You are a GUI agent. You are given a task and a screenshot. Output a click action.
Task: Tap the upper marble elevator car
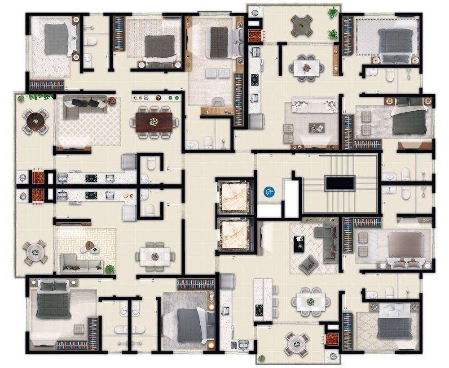[233, 197]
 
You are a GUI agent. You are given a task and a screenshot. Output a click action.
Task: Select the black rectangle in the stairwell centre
[340, 183]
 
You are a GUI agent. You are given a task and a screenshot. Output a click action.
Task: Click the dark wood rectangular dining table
[154, 122]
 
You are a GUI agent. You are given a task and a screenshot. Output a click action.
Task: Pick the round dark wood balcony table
[35, 120]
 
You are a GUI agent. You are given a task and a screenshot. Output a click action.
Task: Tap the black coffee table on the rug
[299, 244]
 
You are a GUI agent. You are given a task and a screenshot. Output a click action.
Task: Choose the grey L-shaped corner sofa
[328, 242]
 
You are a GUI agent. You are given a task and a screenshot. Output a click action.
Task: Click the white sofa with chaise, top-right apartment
[314, 106]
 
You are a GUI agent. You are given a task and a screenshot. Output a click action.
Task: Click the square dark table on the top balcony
[301, 26]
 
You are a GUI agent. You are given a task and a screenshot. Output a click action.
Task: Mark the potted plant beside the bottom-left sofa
[109, 269]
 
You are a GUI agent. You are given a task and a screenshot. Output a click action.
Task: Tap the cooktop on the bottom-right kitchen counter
[260, 310]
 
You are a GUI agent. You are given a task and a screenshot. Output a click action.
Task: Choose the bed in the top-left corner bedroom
[57, 39]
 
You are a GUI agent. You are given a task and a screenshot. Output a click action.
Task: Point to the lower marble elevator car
[233, 236]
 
